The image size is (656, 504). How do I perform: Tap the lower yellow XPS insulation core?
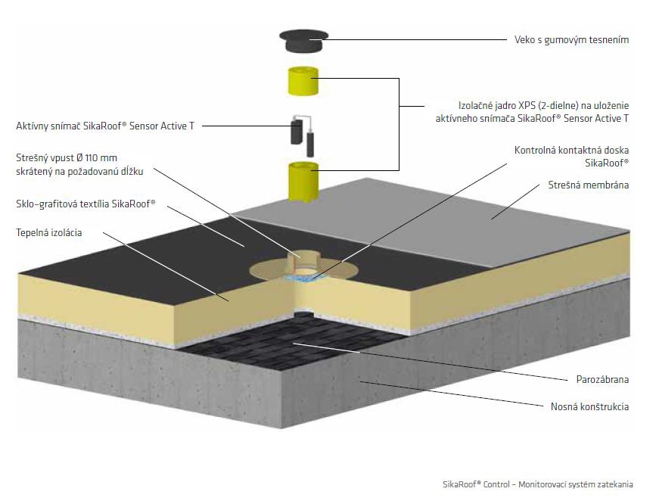coord(304,181)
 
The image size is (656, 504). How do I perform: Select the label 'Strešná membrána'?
coord(588,185)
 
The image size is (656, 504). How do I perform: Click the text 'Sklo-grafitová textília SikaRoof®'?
coord(85,204)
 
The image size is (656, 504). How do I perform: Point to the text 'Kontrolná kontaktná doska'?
coord(571,151)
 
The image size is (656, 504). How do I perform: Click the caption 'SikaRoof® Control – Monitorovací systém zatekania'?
coord(537,484)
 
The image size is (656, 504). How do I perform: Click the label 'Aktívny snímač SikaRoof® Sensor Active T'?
coord(104,126)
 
